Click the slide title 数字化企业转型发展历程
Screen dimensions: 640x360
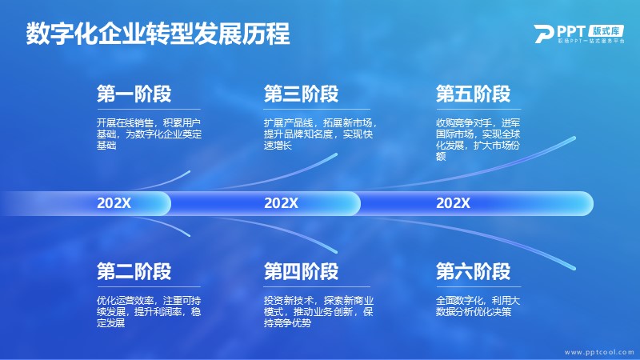pos(158,34)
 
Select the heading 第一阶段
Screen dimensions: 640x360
pos(134,94)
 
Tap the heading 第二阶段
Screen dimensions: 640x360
pos(134,271)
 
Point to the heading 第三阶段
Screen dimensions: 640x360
pos(302,94)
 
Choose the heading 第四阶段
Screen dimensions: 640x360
pos(302,271)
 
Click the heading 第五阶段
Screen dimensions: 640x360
pos(473,94)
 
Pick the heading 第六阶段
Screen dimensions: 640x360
pos(473,271)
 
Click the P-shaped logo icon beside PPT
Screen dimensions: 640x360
pos(544,34)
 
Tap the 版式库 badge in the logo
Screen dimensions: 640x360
pos(606,31)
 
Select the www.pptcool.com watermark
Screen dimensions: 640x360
pos(599,352)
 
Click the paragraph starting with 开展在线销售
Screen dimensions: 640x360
pos(149,134)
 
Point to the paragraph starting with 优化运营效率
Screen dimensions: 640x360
pos(149,312)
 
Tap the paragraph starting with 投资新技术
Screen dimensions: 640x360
pos(318,312)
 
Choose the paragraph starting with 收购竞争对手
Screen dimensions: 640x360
pos(478,139)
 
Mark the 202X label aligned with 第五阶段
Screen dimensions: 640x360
pos(453,203)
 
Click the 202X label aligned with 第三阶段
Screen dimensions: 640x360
pos(282,203)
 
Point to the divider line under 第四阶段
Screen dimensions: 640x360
pos(317,287)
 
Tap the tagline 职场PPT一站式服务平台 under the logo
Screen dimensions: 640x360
pos(591,42)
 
